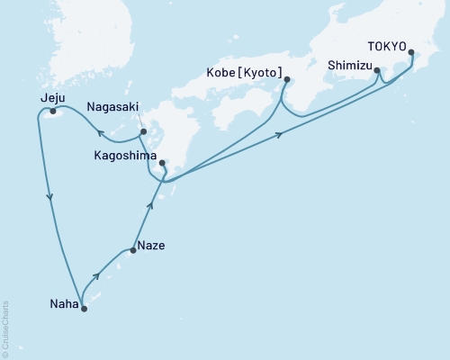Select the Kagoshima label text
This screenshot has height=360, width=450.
click(123, 155)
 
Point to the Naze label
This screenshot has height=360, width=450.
click(152, 244)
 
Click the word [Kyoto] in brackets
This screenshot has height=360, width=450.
click(265, 71)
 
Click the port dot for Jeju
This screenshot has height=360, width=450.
click(53, 112)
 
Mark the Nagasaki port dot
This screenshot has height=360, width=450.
click(143, 132)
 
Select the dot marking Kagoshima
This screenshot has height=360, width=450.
click(162, 163)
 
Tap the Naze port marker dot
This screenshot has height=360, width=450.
click(133, 250)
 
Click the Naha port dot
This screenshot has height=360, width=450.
click(85, 308)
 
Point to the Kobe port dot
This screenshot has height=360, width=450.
click(286, 79)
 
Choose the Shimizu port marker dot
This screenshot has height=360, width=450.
click(376, 70)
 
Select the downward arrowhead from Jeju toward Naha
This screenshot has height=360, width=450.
click(49, 197)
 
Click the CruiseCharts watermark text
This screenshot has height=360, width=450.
click(5, 328)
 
